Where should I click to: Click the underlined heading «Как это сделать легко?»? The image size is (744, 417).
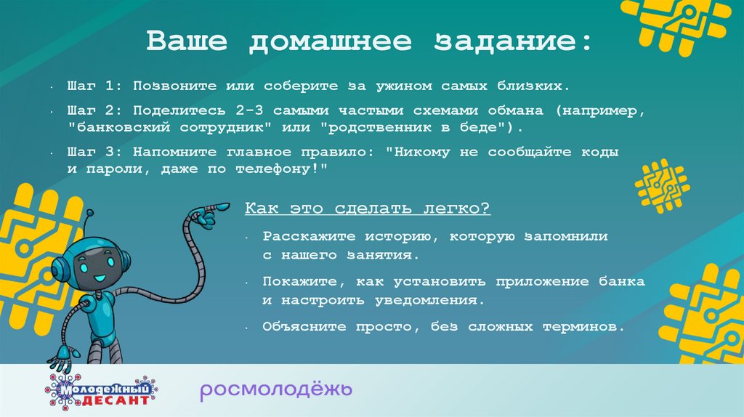[368, 208]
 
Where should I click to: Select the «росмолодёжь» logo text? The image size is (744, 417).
[276, 389]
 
